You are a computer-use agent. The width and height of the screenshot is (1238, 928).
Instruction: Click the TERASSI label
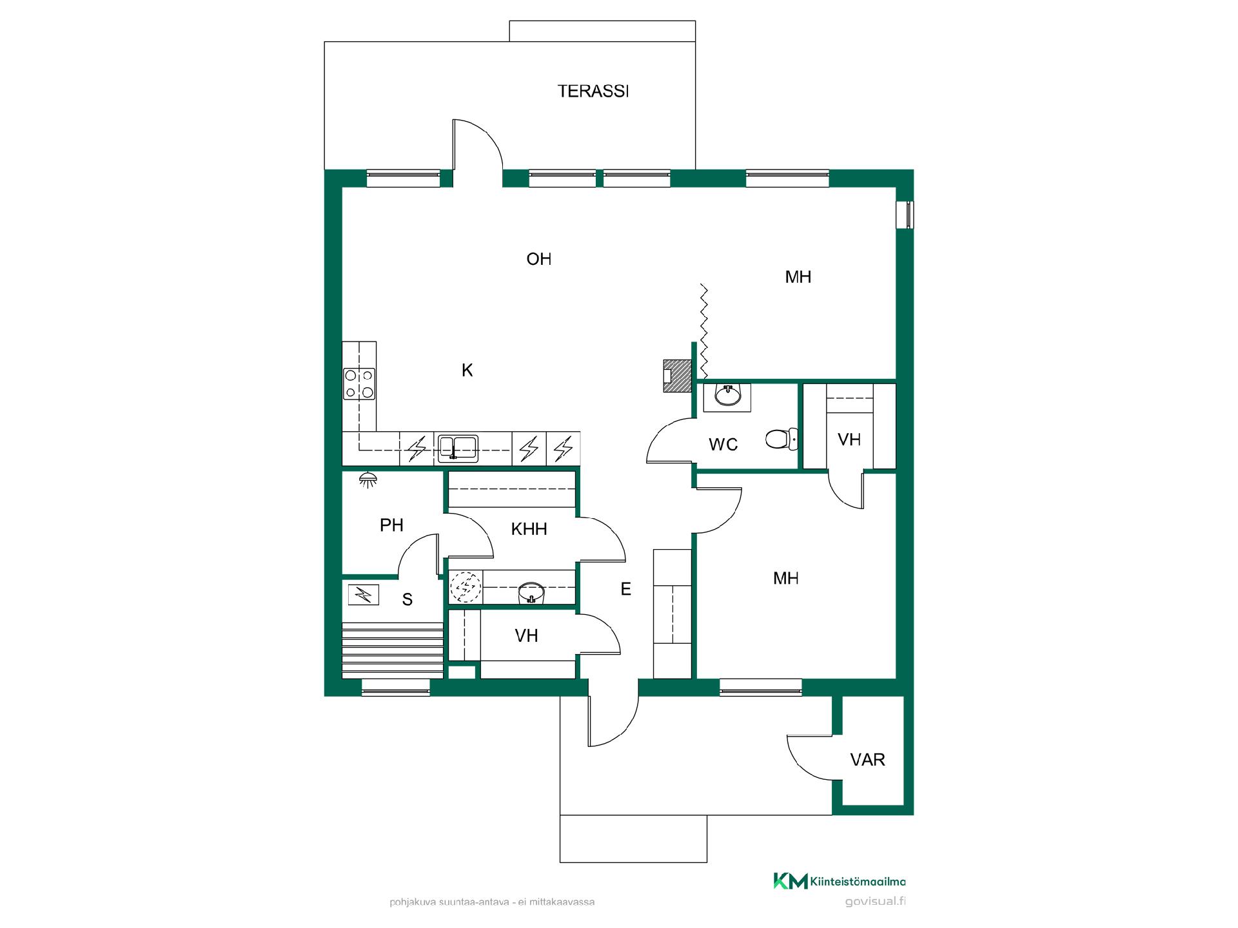[593, 92]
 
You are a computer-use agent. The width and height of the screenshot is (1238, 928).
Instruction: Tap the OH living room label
[539, 259]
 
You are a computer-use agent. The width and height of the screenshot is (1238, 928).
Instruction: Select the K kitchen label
[467, 371]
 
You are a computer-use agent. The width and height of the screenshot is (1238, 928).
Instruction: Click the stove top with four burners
[359, 383]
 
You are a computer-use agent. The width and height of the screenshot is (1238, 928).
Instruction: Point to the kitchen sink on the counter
[458, 449]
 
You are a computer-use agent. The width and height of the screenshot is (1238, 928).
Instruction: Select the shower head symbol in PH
[368, 479]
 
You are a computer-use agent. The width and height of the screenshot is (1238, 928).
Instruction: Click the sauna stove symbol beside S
[364, 595]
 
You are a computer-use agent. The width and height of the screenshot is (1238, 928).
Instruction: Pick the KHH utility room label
[529, 529]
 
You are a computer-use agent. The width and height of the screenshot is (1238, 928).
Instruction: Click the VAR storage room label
[867, 760]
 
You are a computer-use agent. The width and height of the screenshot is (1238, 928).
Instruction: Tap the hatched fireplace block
[677, 376]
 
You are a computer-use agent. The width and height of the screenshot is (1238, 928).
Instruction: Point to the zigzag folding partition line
[704, 331]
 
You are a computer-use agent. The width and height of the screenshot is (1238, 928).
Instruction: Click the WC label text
[723, 445]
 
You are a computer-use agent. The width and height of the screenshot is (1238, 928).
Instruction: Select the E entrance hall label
[625, 589]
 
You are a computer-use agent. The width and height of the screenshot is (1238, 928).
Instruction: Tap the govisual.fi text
[875, 902]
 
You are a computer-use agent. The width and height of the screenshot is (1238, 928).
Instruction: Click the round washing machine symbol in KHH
[465, 587]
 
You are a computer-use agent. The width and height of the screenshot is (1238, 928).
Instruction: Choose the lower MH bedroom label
[786, 579]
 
